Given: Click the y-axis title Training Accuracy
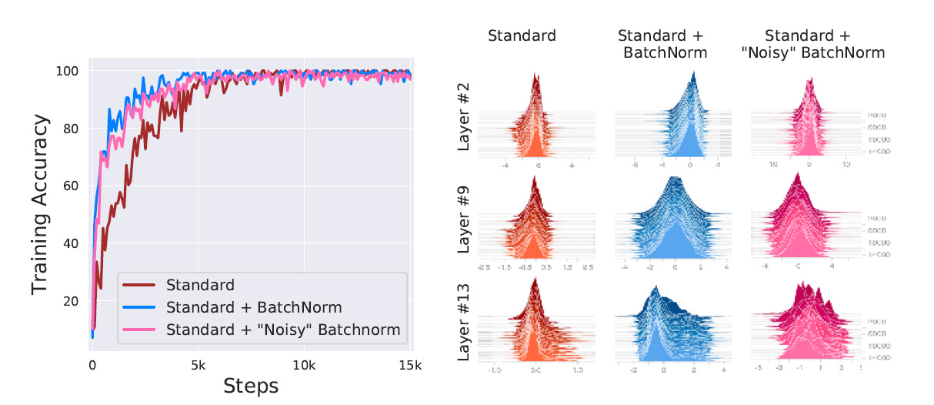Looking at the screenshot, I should coord(42,206).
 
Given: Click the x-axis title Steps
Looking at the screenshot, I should coord(251,385).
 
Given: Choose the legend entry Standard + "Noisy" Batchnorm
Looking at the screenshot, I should coord(283,330).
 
